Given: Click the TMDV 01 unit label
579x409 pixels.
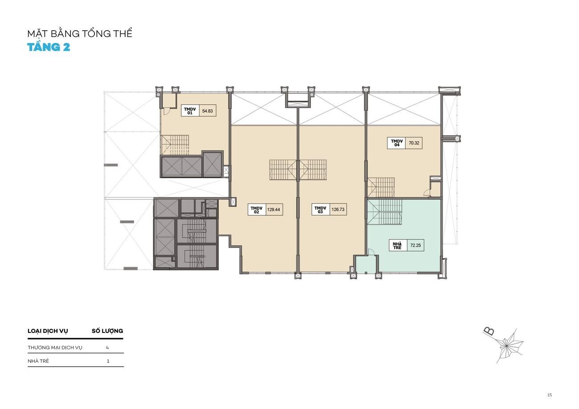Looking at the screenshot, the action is coord(190,111).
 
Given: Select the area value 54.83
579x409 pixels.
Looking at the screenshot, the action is coord(208,111).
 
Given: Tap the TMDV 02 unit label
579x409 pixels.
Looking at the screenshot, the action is coord(257,210).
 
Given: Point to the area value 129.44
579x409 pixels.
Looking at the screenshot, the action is coord(273,210).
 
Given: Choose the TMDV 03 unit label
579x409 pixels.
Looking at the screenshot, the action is coord(320,210).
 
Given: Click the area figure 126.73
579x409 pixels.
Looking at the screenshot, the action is coord(338,210).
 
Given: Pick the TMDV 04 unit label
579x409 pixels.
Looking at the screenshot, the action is coord(397,143).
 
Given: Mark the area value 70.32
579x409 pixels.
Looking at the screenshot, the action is coord(414,143).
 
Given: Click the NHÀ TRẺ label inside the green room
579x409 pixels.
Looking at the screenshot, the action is coord(397,246).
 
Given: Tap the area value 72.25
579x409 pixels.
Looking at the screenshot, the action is coord(416,245).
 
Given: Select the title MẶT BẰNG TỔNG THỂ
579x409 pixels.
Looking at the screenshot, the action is coord(80,33).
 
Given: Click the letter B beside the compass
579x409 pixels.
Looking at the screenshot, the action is coord(489,331).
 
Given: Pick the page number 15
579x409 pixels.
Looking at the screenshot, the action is coord(550,395).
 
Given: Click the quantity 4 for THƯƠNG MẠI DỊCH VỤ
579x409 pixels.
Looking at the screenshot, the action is coord(107,348).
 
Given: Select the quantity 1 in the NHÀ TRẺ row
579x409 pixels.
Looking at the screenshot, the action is coord(108,361).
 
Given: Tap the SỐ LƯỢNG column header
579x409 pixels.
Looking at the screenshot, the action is coord(107,331).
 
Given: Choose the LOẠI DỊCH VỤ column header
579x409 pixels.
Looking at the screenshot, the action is coord(48,331).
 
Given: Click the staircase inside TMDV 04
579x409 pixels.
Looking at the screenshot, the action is coord(381,187).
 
